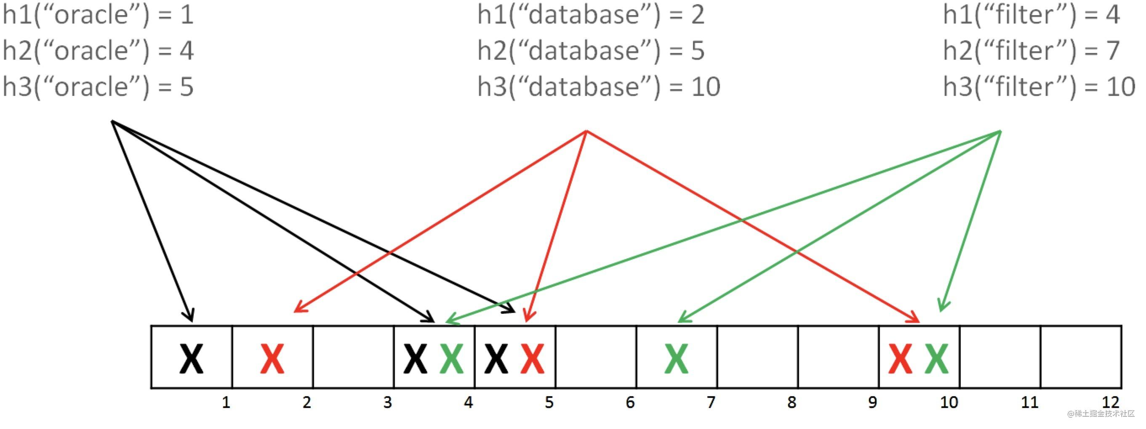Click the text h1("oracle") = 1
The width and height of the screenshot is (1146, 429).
pyautogui.click(x=98, y=15)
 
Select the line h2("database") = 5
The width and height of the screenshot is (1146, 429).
pyautogui.click(x=591, y=50)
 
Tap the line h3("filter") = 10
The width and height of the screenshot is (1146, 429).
pyautogui.click(x=1039, y=86)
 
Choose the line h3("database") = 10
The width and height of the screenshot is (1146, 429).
pyautogui.click(x=598, y=86)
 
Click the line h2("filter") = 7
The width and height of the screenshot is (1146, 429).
pyautogui.click(x=1031, y=50)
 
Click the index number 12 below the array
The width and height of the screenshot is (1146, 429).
pyautogui.click(x=1110, y=403)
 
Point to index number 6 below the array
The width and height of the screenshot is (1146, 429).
pyautogui.click(x=630, y=403)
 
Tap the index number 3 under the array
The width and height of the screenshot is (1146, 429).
pyautogui.click(x=387, y=403)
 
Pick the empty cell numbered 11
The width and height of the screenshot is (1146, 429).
pyautogui.click(x=999, y=357)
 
